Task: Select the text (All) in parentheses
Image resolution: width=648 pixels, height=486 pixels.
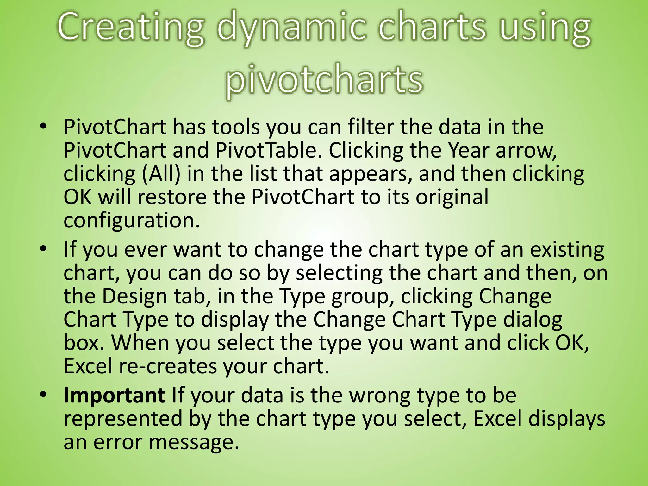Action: [x=161, y=173]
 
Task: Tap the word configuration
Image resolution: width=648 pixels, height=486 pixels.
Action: [x=132, y=220]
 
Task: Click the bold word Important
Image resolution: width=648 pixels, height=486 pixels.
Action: [x=114, y=395]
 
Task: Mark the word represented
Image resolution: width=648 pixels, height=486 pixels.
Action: [x=123, y=419]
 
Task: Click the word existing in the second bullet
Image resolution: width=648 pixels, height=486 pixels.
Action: [x=567, y=249]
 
